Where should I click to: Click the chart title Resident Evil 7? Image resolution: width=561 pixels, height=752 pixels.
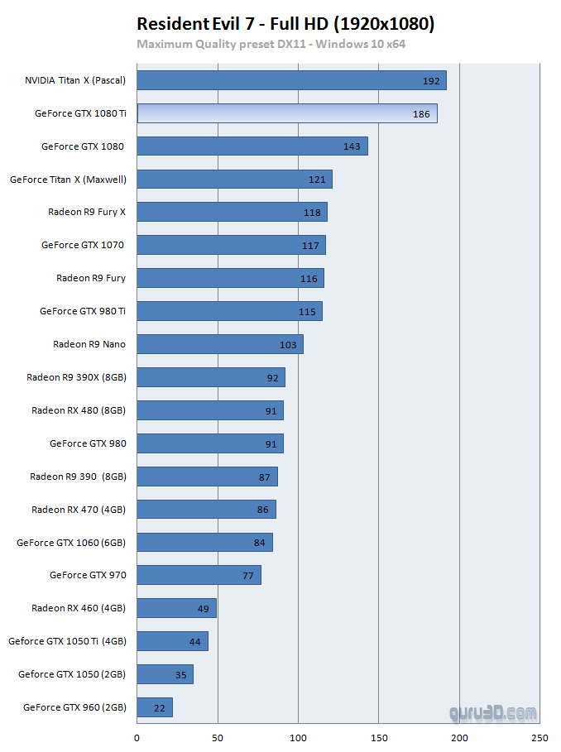[285, 24]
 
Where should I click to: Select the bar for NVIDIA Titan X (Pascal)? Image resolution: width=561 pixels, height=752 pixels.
[291, 80]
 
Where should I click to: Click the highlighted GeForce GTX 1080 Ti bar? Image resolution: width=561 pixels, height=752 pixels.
[286, 113]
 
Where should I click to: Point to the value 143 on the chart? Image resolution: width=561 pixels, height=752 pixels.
[352, 146]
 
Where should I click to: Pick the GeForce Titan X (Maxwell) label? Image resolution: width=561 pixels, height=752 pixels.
[68, 179]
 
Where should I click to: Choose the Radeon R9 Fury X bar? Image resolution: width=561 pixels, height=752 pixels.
[232, 212]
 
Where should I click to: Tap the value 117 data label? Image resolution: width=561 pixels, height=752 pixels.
[310, 245]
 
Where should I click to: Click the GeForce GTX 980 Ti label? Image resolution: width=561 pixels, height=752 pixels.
[83, 311]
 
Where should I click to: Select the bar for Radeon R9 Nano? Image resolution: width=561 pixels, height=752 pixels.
[219, 344]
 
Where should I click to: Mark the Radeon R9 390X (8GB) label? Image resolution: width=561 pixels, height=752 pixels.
[76, 377]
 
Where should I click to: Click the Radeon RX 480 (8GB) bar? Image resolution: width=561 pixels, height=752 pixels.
[209, 410]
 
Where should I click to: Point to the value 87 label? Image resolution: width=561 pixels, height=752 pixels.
[265, 477]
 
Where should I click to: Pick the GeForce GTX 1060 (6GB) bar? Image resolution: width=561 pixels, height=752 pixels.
[204, 542]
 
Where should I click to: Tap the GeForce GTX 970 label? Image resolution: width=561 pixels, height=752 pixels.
[88, 575]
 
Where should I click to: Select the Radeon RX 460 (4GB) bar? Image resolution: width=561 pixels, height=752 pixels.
[176, 608]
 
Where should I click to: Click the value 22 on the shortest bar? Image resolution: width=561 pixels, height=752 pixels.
[159, 707]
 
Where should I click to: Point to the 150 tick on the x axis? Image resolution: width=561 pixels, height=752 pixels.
[379, 736]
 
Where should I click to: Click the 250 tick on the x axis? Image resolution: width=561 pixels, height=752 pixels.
[540, 736]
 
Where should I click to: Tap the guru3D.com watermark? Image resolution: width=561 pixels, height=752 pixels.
[493, 712]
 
